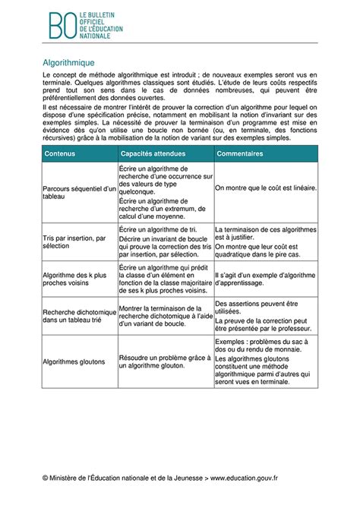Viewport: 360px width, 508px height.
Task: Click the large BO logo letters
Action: (x=62, y=26)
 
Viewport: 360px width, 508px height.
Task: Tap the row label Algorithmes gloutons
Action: (x=72, y=362)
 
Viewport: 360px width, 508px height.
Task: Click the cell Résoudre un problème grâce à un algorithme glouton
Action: (x=163, y=362)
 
